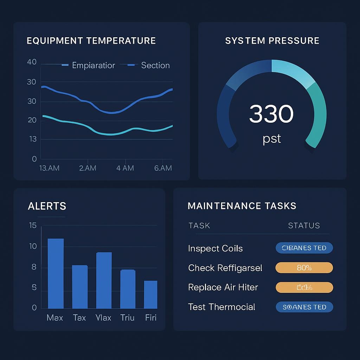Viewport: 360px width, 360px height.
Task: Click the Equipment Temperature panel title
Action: pos(91,41)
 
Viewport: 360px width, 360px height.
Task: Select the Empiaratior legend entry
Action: pos(93,65)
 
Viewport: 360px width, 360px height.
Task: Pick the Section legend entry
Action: pos(155,65)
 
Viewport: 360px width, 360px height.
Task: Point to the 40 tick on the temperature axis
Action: pos(32,62)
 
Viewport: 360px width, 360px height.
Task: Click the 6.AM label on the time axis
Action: pos(163,168)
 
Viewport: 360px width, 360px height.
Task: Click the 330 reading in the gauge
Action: pos(271,114)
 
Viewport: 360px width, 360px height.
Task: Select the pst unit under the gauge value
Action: pos(272,139)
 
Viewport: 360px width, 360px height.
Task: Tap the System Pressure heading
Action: pos(272,41)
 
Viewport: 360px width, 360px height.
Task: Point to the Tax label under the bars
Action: pos(79,318)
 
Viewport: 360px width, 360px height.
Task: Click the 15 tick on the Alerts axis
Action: pos(33,225)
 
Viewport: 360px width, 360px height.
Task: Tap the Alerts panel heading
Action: pos(47,206)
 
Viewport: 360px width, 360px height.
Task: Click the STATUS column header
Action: pos(304,226)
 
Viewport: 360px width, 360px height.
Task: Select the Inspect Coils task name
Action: pos(215,249)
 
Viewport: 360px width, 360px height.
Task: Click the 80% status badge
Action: pos(304,268)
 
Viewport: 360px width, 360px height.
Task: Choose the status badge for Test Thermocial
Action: pos(304,307)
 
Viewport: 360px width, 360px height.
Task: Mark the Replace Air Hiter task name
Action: pos(223,287)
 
